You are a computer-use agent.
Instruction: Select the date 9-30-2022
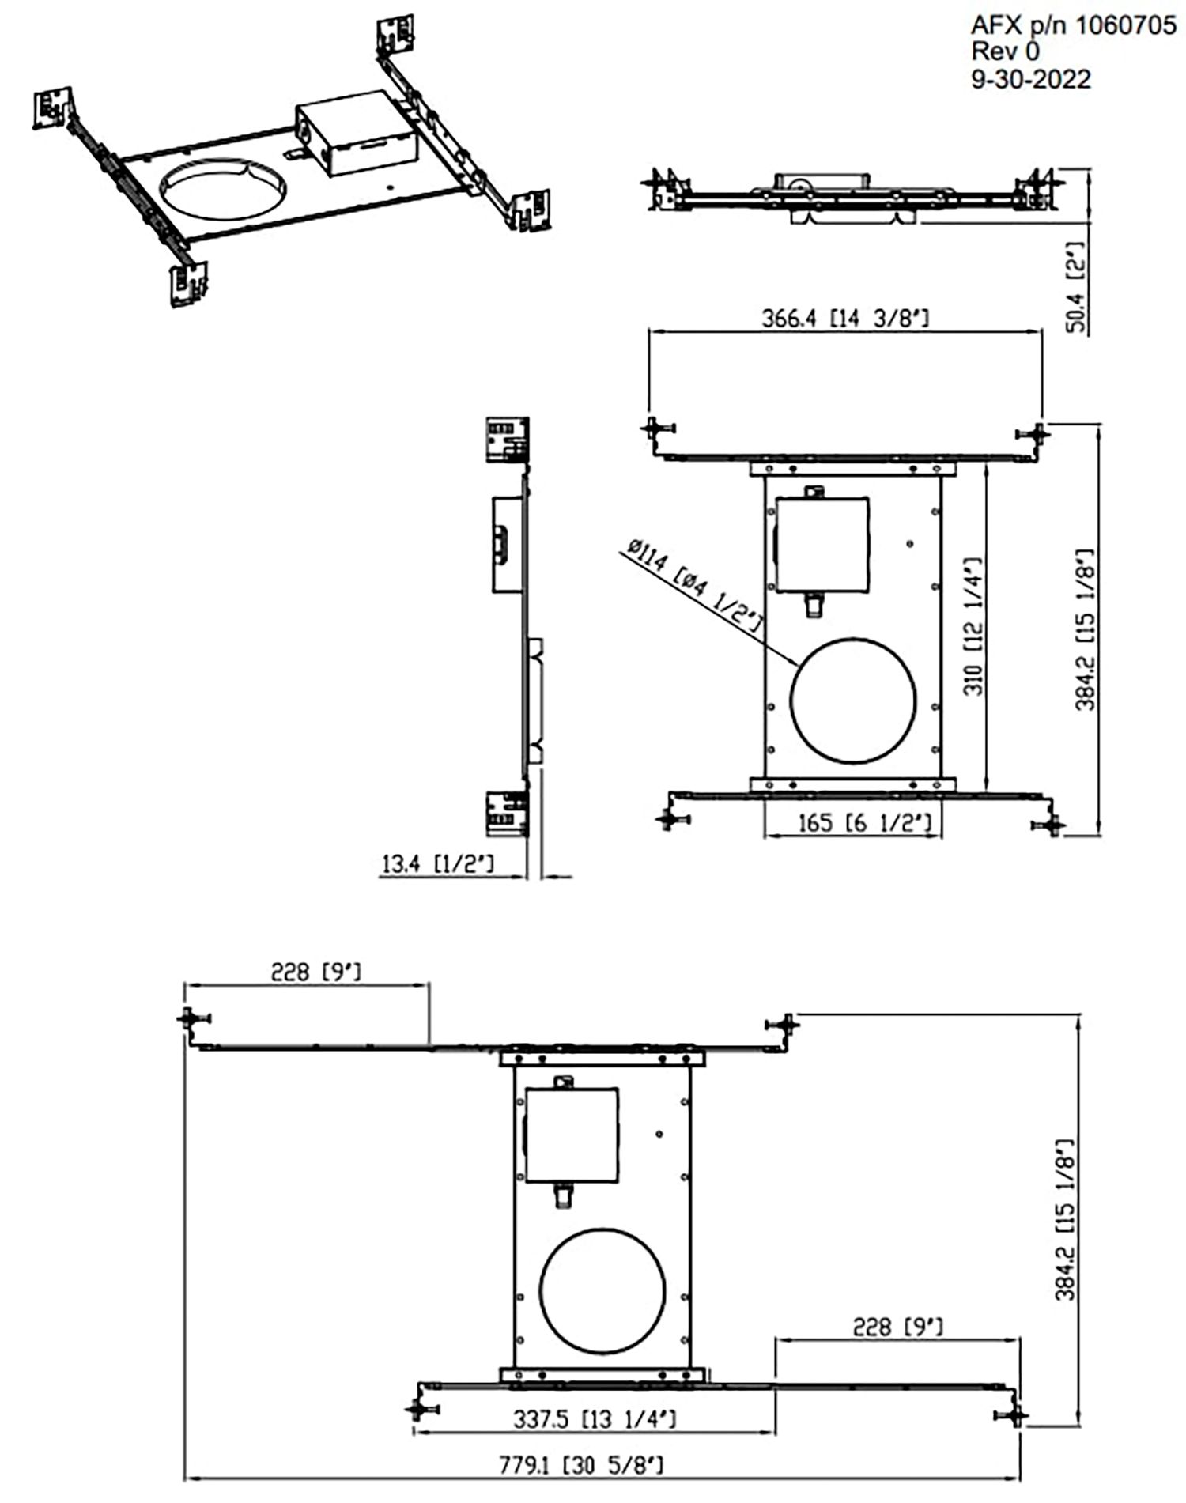(x=1030, y=79)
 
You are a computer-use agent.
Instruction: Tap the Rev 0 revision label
(x=1006, y=52)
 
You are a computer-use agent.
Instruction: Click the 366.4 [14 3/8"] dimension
(x=844, y=319)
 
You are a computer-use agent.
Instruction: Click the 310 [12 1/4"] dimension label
(x=974, y=625)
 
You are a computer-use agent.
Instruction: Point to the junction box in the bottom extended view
(x=571, y=1134)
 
